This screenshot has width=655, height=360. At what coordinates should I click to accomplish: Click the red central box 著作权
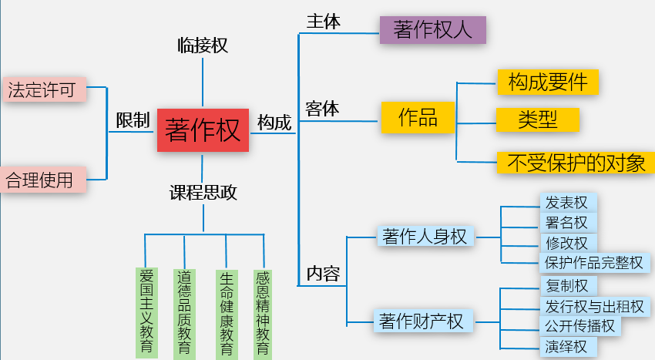tap(203, 130)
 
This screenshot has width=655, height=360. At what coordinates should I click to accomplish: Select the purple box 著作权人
tap(433, 29)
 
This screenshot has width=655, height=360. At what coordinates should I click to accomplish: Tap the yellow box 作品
tap(417, 118)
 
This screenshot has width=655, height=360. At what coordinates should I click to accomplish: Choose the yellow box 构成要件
tap(548, 82)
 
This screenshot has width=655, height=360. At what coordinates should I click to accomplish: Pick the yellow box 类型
tap(537, 119)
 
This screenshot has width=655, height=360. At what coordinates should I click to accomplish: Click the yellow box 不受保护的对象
tap(574, 163)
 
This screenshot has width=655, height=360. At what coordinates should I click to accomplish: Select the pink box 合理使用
tap(41, 180)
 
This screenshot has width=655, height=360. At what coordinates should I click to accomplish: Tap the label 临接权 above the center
tap(203, 45)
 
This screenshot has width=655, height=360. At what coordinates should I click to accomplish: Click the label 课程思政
tap(203, 193)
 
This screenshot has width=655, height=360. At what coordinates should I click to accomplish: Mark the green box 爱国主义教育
tap(146, 311)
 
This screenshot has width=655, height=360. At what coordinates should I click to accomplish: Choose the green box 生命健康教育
tap(227, 311)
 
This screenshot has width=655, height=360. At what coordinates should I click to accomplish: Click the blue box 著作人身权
tap(425, 237)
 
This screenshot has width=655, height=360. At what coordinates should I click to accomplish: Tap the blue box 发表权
tap(567, 203)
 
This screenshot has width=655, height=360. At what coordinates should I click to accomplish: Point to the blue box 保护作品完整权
tap(594, 262)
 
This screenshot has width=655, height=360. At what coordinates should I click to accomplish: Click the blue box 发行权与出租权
tap(594, 306)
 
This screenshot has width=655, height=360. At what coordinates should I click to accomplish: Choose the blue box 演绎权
tap(567, 346)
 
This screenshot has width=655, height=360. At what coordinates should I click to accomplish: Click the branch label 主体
tap(323, 22)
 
